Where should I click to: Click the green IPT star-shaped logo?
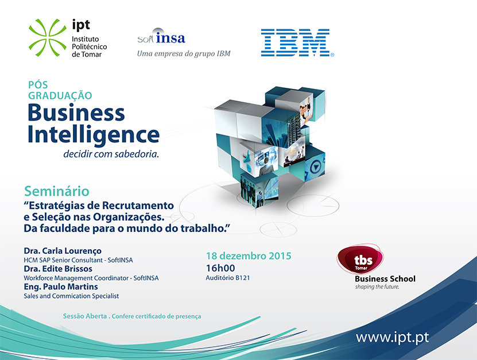point(48,37)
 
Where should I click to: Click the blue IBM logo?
point(297,42)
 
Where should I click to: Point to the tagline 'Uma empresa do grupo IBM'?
point(184,54)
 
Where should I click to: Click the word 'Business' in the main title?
point(76,113)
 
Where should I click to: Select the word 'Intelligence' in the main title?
point(94,135)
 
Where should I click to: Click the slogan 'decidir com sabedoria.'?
point(111,154)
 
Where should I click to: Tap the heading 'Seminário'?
point(57,191)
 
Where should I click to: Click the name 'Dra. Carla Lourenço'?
point(63,251)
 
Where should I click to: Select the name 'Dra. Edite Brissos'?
point(58,269)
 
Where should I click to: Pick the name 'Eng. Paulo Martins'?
point(61,287)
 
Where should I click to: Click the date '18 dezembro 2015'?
point(249,256)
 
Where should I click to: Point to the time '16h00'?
point(220,268)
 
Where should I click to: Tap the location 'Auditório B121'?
point(228,278)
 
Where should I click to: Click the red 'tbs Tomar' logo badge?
point(360,259)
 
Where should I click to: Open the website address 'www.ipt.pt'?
point(393,338)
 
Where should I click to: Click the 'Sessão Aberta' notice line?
point(132,316)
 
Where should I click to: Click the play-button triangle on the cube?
point(316,167)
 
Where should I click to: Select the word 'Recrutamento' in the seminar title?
point(138,206)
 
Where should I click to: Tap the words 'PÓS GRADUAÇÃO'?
point(60,90)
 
